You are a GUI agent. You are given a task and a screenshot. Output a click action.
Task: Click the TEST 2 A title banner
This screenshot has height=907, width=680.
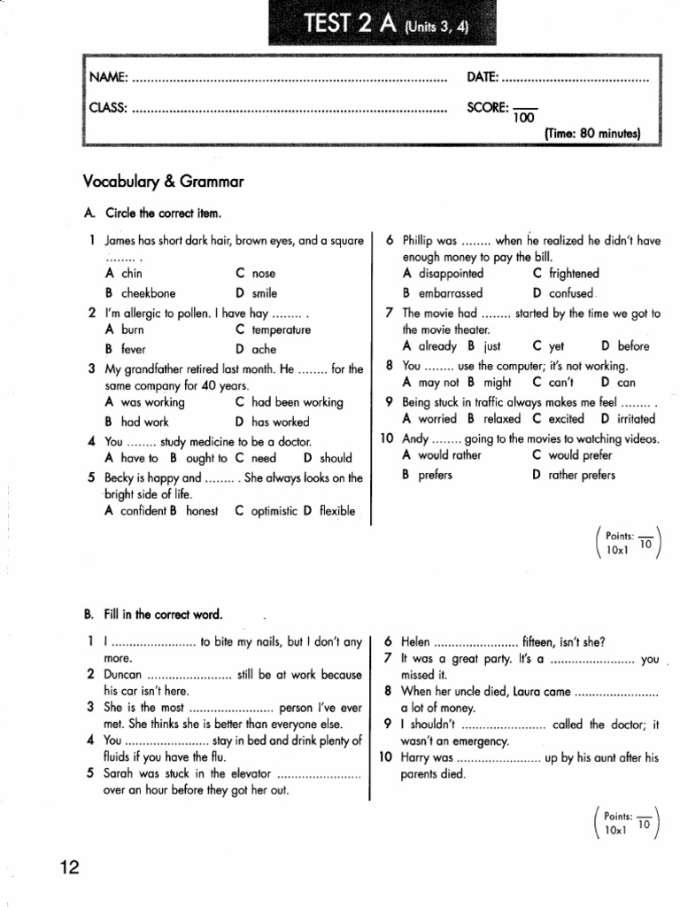pos(384,24)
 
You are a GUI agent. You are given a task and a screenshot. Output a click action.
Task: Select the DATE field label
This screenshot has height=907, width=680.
pos(483,78)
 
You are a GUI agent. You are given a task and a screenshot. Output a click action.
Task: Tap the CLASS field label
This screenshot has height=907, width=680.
pos(108,109)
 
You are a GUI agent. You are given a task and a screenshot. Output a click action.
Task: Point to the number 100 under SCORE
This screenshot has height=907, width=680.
pos(524,118)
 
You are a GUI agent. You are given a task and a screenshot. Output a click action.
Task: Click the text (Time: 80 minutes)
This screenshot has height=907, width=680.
pos(591,134)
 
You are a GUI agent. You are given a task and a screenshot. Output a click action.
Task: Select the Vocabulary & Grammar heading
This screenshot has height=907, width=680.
pos(163,182)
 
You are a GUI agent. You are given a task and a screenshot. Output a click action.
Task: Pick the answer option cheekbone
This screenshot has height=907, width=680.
pos(149,293)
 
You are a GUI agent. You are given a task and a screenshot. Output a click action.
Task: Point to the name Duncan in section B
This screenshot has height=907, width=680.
pos(123,674)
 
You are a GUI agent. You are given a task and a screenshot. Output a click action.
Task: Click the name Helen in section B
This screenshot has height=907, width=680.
pos(416,641)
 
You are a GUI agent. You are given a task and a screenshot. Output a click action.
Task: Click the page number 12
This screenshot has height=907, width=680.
pos(70,867)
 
